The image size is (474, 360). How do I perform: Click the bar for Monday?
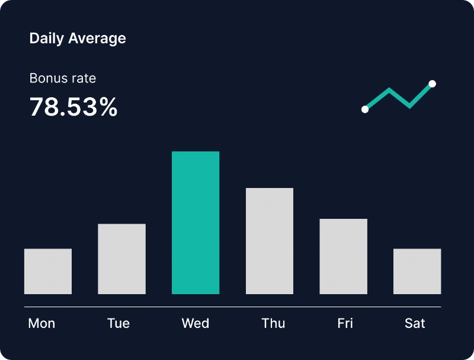(48, 271)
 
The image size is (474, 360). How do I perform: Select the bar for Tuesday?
(121, 259)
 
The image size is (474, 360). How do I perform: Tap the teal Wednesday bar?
(196, 222)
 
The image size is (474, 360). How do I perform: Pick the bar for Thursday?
(270, 241)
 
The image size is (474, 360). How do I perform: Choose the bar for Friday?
(343, 256)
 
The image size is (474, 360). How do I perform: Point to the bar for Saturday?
(417, 271)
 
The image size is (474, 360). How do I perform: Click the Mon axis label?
(41, 323)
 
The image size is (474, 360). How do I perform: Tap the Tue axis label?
(118, 323)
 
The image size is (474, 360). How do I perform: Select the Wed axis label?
(196, 323)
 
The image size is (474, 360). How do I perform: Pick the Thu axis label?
(273, 323)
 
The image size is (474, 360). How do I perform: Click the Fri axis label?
(345, 323)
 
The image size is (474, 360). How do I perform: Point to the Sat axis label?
(415, 323)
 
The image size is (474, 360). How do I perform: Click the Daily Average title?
(78, 39)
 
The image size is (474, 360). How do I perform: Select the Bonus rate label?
(63, 78)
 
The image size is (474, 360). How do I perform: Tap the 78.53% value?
(73, 107)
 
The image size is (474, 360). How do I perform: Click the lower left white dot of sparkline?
(365, 109)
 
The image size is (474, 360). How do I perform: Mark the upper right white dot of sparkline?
(433, 84)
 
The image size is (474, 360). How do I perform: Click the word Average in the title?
(97, 39)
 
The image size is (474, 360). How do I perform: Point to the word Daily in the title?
(47, 39)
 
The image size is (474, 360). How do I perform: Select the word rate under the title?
(82, 78)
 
